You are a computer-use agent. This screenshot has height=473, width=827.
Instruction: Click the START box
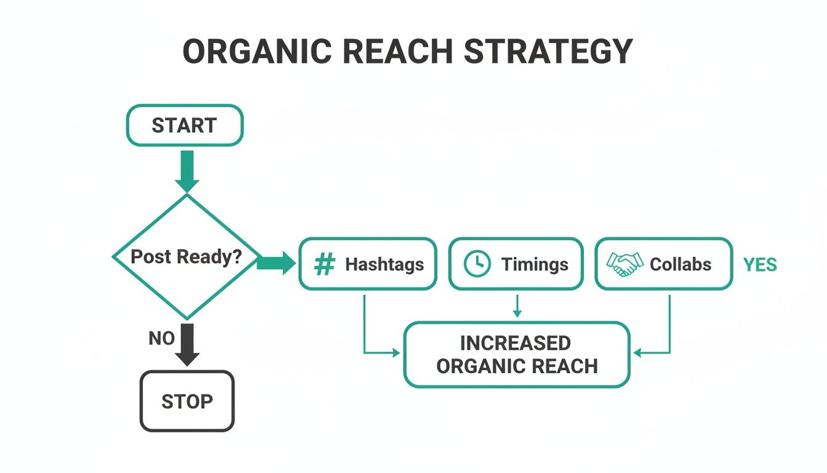pyautogui.click(x=185, y=125)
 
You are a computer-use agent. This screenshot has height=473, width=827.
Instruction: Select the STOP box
pyautogui.click(x=187, y=401)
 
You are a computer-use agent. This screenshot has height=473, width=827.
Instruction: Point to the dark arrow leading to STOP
pyautogui.click(x=187, y=345)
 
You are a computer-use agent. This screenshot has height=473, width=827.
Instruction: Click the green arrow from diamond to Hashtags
pyautogui.click(x=276, y=264)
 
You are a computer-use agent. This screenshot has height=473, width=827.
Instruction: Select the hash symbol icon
pyautogui.click(x=324, y=264)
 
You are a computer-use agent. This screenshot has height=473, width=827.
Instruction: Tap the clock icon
pyautogui.click(x=477, y=264)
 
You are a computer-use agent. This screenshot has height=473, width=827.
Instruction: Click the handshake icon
pyautogui.click(x=624, y=264)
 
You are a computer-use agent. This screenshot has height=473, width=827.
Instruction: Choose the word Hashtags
pyautogui.click(x=384, y=264)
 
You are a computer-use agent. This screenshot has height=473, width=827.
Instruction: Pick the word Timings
pyautogui.click(x=535, y=264)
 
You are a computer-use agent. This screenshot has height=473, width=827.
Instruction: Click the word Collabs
pyautogui.click(x=681, y=264)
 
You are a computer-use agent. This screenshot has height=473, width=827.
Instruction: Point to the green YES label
pyautogui.click(x=760, y=265)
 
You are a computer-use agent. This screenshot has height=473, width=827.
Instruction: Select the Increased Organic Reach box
pyautogui.click(x=517, y=354)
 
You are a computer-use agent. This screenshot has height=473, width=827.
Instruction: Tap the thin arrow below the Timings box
pyautogui.click(x=517, y=305)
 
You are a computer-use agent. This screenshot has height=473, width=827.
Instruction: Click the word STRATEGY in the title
pyautogui.click(x=548, y=52)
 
